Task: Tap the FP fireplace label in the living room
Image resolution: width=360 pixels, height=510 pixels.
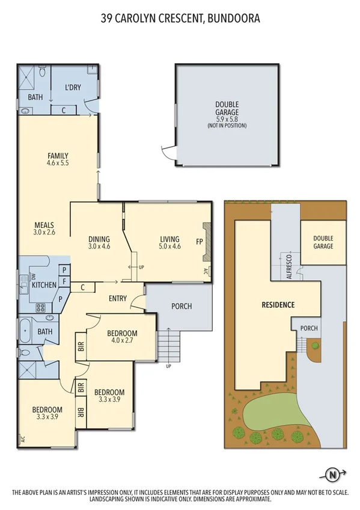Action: tap(199, 242)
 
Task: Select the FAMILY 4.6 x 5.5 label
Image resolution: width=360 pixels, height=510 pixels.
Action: tap(57, 159)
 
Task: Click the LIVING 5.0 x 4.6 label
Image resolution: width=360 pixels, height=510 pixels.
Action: tap(170, 242)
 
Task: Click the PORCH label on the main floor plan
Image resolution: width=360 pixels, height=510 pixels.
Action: tap(181, 306)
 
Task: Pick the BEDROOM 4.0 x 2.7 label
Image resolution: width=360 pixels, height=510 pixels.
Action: tap(122, 337)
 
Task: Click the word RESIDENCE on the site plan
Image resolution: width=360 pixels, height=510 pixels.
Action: tap(278, 305)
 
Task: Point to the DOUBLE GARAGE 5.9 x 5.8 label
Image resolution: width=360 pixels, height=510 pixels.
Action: tap(227, 112)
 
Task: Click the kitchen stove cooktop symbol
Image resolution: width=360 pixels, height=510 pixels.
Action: tap(41, 308)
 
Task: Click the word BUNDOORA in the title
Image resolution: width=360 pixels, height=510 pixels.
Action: tap(234, 19)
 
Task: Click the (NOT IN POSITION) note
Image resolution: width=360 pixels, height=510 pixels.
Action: tap(227, 126)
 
